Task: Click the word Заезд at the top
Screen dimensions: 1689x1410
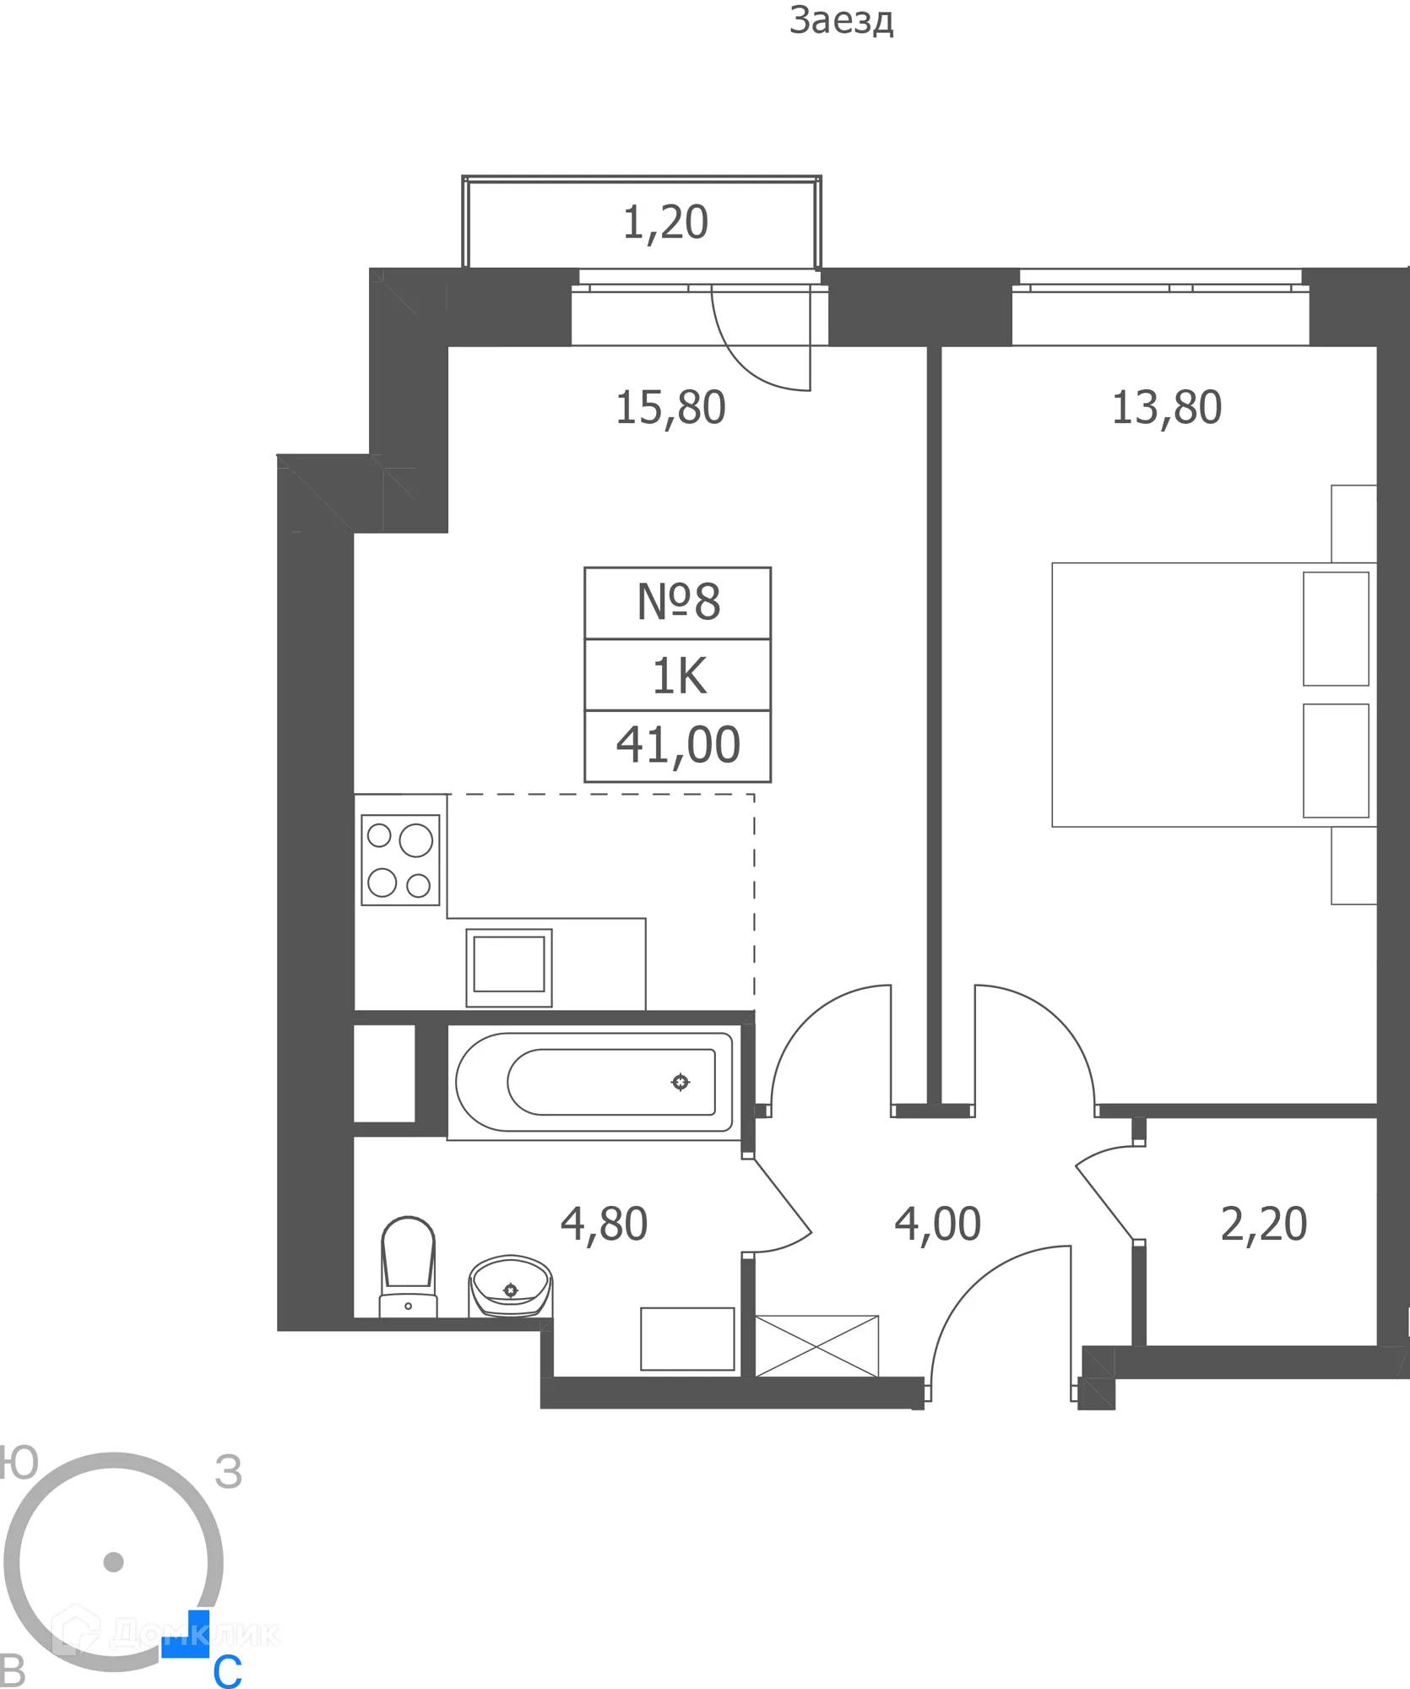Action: [x=841, y=21]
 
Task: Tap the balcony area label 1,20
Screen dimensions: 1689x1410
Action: [x=665, y=223]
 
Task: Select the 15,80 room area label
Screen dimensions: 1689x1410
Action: [x=670, y=408]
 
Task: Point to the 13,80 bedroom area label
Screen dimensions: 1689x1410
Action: [x=1166, y=408]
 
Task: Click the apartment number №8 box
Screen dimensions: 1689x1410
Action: [x=678, y=603]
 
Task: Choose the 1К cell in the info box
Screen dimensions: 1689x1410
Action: [x=678, y=676]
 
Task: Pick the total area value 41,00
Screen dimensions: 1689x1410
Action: [x=678, y=746]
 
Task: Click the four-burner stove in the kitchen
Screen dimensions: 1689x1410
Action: [x=400, y=860]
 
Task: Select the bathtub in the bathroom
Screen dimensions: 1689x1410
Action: [x=594, y=1082]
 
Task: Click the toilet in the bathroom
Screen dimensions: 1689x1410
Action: [x=409, y=1265]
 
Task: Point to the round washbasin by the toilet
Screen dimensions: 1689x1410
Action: [x=510, y=1285]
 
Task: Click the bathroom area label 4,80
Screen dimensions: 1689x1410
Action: [x=604, y=1224]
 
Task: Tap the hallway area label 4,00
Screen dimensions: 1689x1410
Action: [x=937, y=1224]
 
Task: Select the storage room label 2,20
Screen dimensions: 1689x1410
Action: [x=1263, y=1224]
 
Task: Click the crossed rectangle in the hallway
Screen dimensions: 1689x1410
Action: [x=816, y=1346]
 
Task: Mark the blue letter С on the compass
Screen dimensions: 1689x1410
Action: [x=227, y=1670]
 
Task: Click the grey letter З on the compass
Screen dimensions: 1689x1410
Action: [x=228, y=1473]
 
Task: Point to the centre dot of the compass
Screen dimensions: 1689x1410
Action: [x=113, y=1562]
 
